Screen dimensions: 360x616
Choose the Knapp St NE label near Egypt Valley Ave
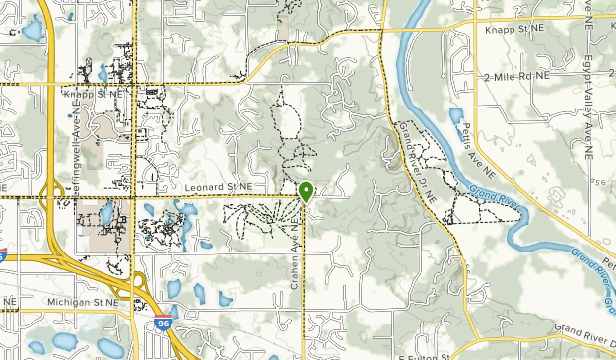(x=514, y=31)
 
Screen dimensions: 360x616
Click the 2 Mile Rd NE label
(x=515, y=76)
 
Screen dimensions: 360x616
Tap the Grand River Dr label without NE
(x=583, y=327)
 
